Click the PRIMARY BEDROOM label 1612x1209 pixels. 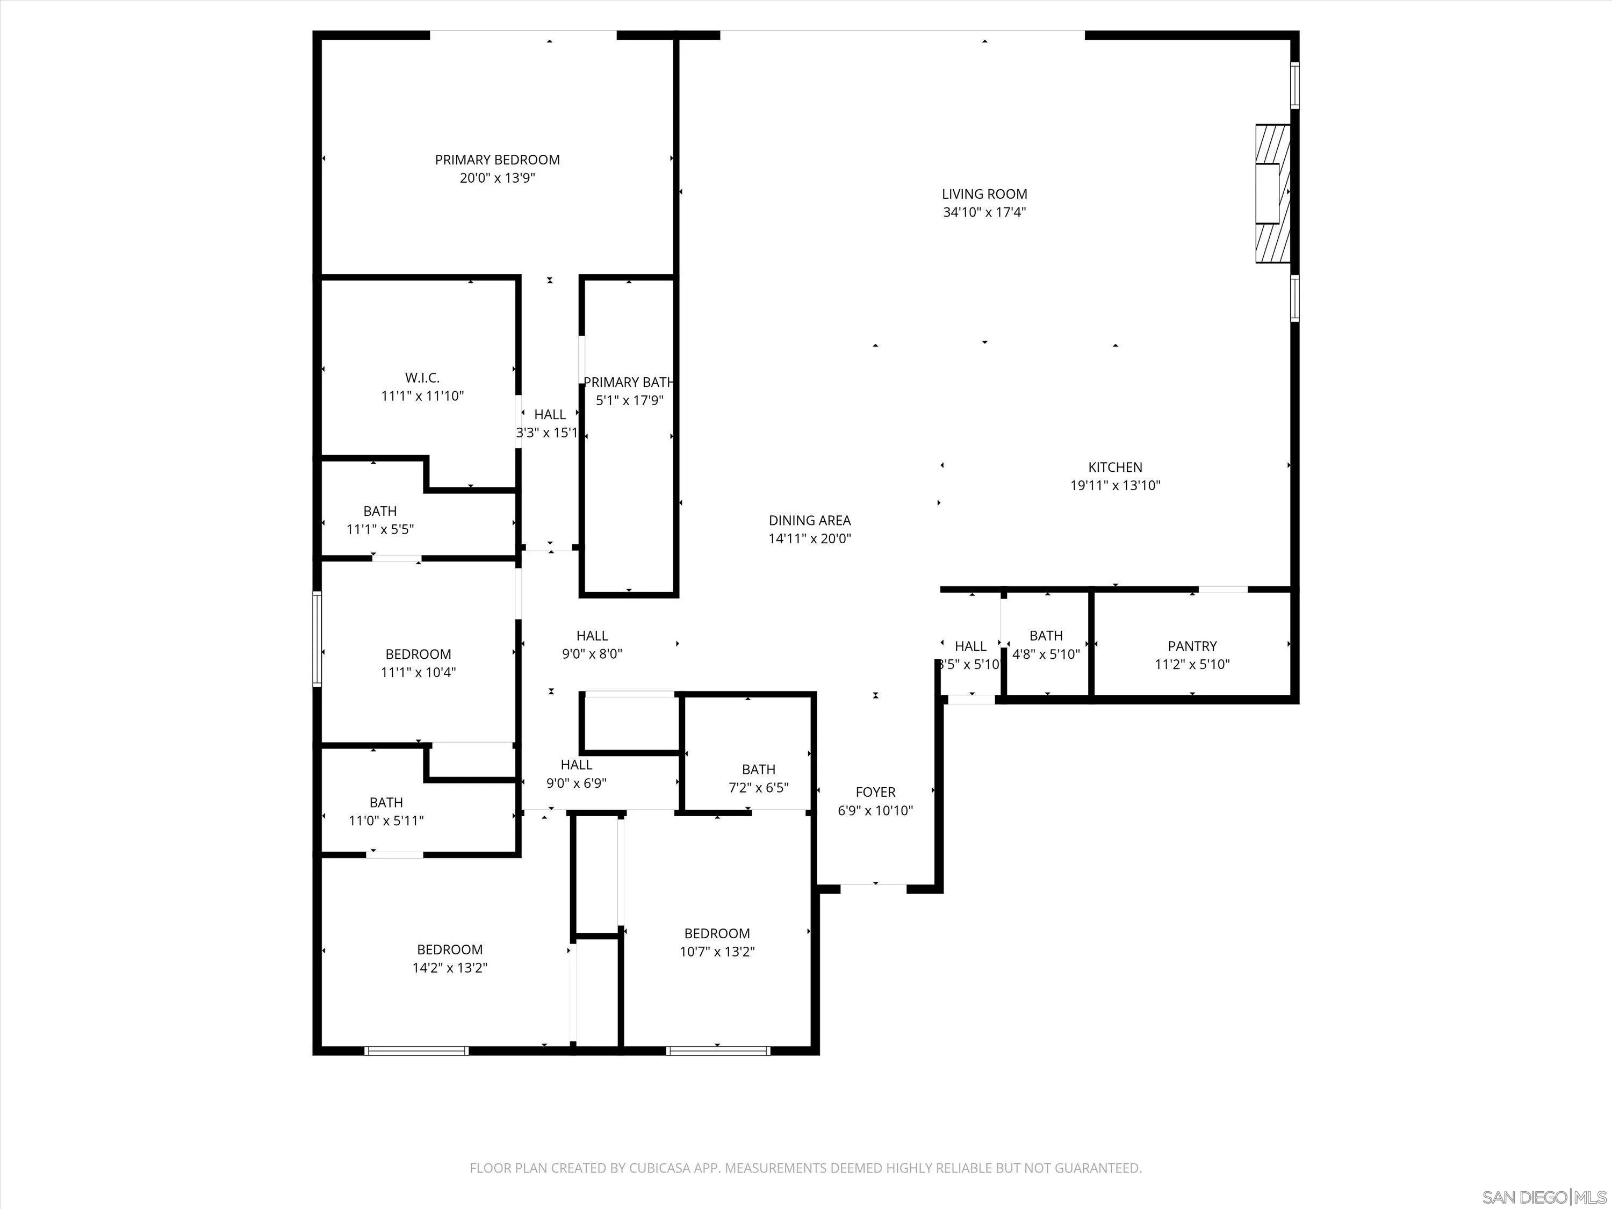click(x=497, y=160)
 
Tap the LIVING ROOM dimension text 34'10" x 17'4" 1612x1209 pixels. click(x=984, y=213)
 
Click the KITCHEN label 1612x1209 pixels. click(x=1115, y=467)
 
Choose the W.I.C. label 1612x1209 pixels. click(x=422, y=378)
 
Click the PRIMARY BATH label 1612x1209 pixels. click(x=628, y=382)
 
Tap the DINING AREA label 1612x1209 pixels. click(x=810, y=520)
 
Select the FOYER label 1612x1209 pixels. click(x=875, y=792)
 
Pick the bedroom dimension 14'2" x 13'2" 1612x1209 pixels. click(x=450, y=968)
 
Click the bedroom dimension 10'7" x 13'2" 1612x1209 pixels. click(x=717, y=952)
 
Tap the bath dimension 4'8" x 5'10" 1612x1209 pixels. click(x=1046, y=654)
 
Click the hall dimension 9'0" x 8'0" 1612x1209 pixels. click(x=592, y=654)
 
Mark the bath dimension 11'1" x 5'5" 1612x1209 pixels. click(x=380, y=529)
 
